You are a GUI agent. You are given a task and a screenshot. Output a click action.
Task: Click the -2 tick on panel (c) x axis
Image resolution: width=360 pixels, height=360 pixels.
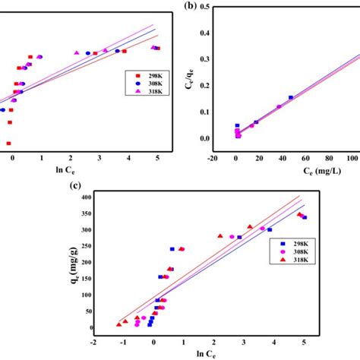[93, 343]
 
